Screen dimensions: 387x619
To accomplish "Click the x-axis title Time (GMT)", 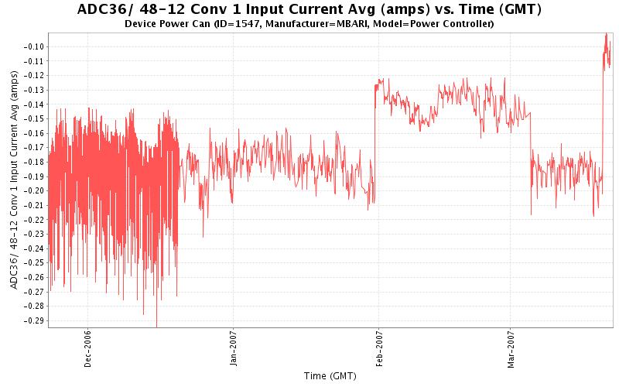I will (330, 376).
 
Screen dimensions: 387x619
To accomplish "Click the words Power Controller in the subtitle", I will (453, 24).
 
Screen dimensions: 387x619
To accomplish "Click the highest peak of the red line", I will (606, 33).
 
